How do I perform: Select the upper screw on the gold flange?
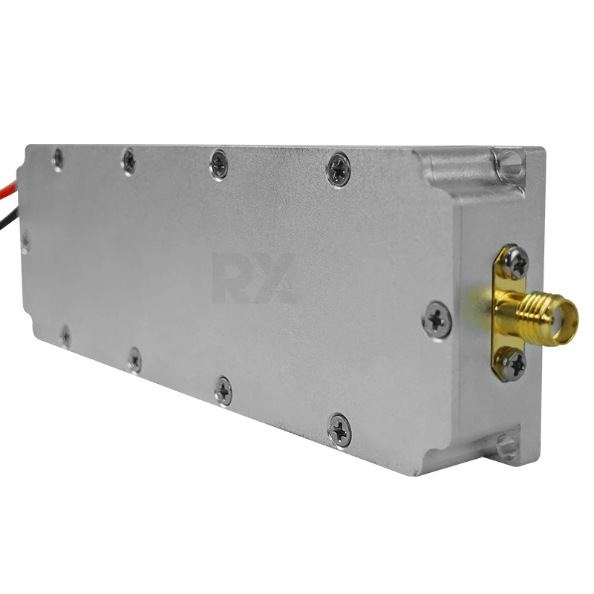(x=514, y=262)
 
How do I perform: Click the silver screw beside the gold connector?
(x=437, y=320)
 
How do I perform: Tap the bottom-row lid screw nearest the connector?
(x=339, y=429)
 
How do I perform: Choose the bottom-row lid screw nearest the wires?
(x=65, y=336)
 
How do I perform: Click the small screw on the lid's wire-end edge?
(x=26, y=241)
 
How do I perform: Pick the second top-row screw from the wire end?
(x=128, y=160)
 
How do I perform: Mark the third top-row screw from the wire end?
(x=219, y=164)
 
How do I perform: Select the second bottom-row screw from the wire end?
(x=134, y=359)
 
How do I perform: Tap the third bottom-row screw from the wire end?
(x=223, y=391)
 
